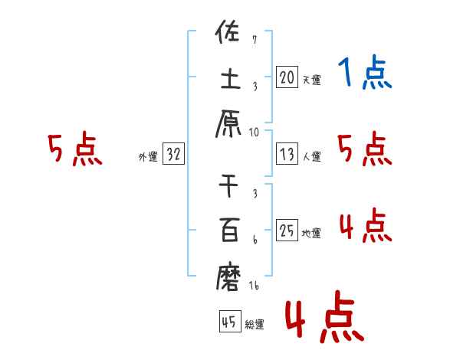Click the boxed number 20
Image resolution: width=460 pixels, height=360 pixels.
[x=287, y=77]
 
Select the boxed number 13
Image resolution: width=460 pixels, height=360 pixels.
[x=287, y=154]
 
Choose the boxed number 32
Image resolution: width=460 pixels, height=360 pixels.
[x=173, y=154]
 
